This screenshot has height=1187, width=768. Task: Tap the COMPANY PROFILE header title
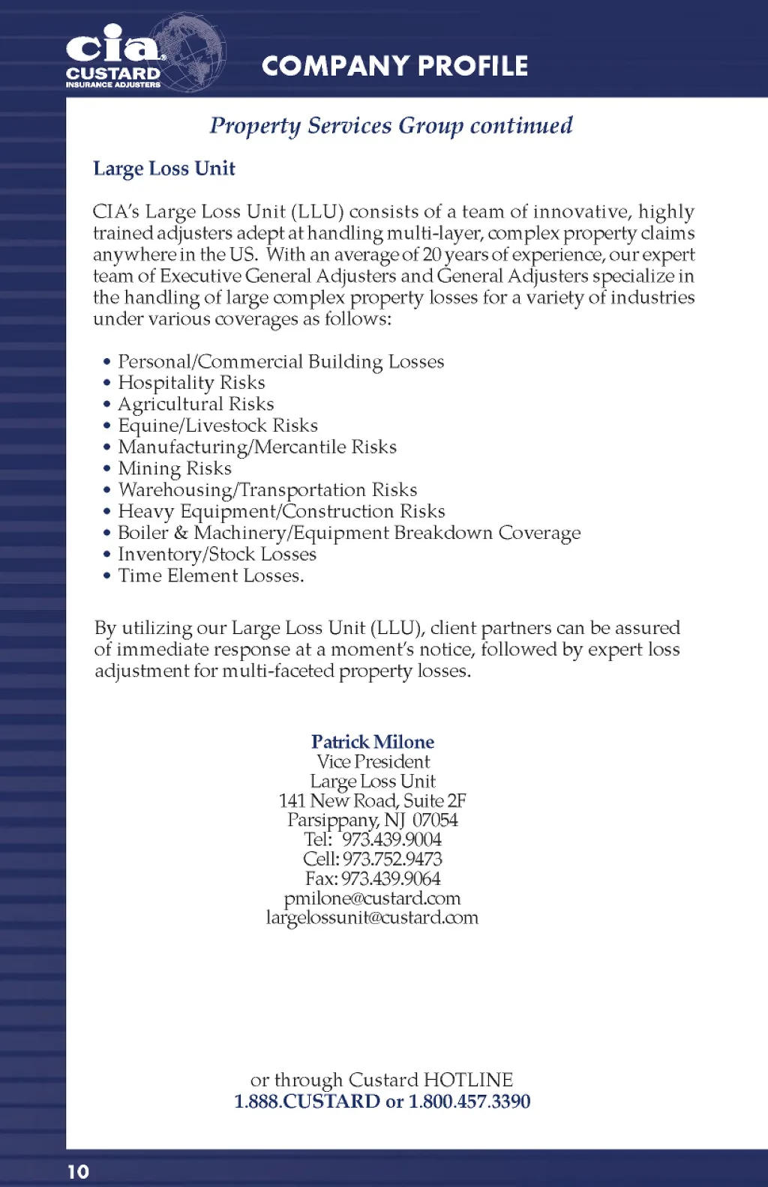click(394, 66)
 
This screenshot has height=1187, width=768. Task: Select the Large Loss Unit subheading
click(163, 169)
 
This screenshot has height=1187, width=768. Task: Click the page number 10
click(78, 1171)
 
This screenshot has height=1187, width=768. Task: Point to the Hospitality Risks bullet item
click(191, 383)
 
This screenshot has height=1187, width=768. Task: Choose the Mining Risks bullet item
click(175, 469)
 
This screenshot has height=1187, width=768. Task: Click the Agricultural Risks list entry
click(196, 405)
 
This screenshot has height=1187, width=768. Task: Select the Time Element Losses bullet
click(211, 576)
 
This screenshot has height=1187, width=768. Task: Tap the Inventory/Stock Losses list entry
click(217, 555)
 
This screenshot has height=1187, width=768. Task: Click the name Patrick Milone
click(373, 742)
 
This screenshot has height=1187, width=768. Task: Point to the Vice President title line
click(373, 761)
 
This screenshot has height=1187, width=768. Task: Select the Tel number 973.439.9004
click(391, 839)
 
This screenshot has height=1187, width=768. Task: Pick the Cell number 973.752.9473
click(392, 859)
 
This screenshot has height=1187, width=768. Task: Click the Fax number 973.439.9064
click(391, 878)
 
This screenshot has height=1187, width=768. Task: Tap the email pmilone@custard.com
click(373, 898)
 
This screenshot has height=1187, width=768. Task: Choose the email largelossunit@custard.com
click(372, 917)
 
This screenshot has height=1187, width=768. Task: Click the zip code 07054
click(435, 820)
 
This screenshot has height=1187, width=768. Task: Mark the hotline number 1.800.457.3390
click(469, 1102)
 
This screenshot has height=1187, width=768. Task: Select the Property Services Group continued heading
click(391, 125)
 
